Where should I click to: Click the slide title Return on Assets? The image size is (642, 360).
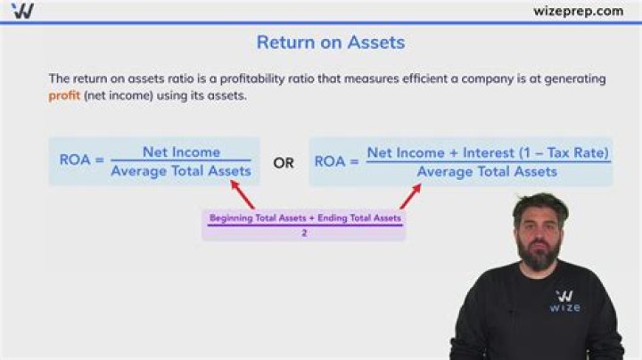(x=330, y=42)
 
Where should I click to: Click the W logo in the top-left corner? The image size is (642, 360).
(x=24, y=11)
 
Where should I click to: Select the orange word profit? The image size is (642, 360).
(x=64, y=95)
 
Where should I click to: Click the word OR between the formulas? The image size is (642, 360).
(x=284, y=163)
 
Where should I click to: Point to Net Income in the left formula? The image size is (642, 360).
(x=181, y=151)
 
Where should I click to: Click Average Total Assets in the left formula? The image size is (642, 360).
(x=181, y=170)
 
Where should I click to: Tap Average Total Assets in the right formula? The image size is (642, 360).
(x=487, y=171)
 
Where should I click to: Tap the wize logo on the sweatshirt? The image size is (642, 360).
(x=567, y=300)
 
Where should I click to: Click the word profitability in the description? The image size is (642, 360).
(x=342, y=78)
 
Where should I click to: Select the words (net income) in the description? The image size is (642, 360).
(x=115, y=95)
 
